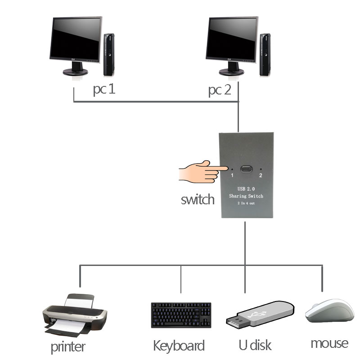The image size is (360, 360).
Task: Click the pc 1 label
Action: point(104,90)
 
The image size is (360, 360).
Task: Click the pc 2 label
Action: point(220,90)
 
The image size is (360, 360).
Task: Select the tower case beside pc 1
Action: point(109,54)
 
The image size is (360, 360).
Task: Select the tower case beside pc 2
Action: point(265,54)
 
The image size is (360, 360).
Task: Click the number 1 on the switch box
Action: point(232,175)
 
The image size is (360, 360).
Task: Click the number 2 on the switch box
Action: point(260,175)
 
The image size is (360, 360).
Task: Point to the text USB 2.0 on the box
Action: point(246,189)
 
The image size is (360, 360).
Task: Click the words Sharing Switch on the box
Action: point(246,197)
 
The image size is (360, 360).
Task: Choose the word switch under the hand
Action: point(198,199)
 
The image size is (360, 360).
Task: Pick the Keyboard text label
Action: point(179,346)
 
